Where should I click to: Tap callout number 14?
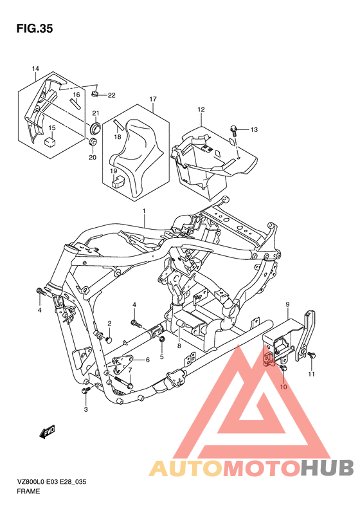tap(35, 69)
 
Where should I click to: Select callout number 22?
tap(111, 96)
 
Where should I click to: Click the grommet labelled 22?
tap(95, 95)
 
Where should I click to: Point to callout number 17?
tap(153, 99)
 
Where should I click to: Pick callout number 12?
tap(201, 109)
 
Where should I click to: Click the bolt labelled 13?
tap(236, 131)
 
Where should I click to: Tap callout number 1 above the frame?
tap(145, 211)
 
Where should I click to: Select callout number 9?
tap(288, 304)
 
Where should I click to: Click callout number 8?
tap(179, 346)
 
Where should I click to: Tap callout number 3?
tap(85, 409)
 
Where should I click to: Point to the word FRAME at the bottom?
tap(29, 491)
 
